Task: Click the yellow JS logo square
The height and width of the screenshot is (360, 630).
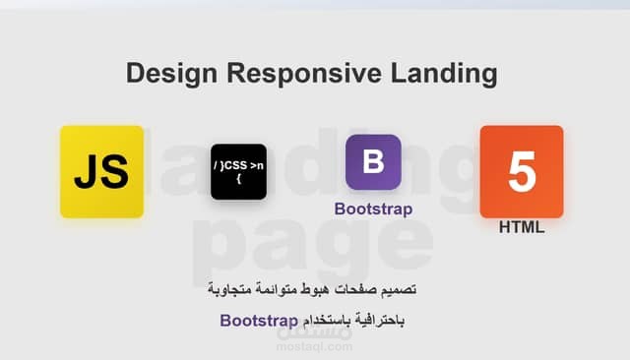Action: point(101,171)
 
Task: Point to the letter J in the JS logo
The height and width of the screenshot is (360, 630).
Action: point(87,172)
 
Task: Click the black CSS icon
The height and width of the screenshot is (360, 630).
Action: point(238,171)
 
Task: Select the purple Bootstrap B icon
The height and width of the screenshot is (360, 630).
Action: point(373,161)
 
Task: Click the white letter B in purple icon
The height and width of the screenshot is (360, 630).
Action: point(373,161)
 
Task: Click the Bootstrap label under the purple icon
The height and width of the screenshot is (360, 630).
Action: point(373,209)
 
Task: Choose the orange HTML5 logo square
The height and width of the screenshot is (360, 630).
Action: point(522,171)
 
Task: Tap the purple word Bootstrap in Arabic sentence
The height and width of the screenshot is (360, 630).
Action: point(260,321)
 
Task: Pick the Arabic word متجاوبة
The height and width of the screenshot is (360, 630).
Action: point(237,292)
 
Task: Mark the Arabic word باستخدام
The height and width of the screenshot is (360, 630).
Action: point(326,321)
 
